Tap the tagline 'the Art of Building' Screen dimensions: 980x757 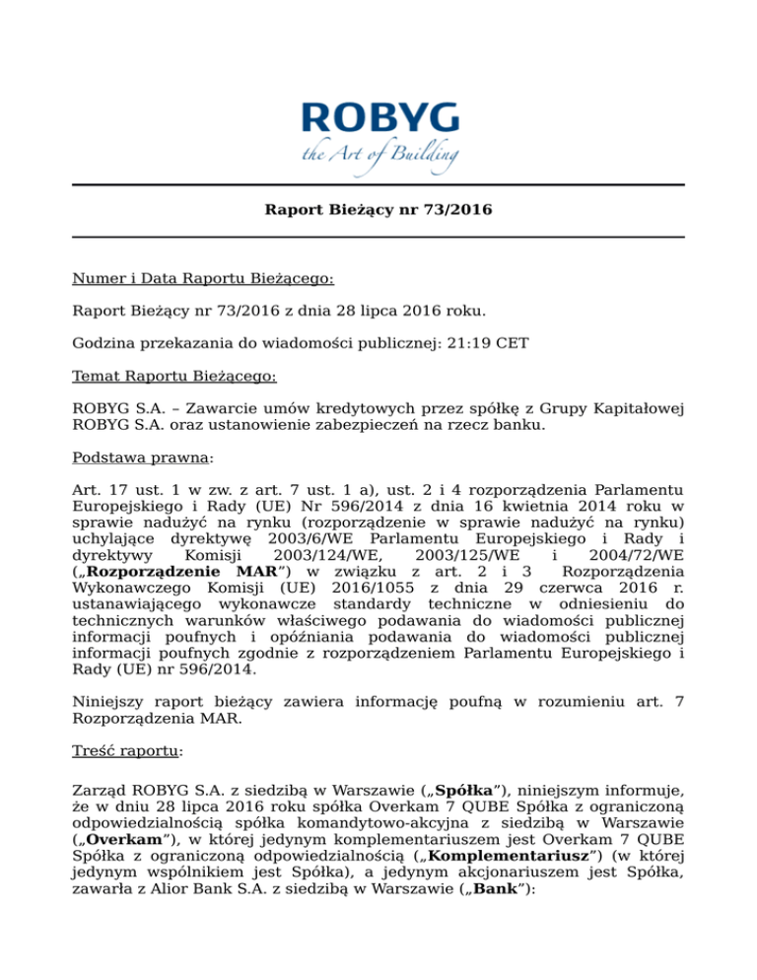(378, 155)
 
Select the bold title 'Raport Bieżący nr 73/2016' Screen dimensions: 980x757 (378, 210)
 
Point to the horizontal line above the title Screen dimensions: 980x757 (378, 184)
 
